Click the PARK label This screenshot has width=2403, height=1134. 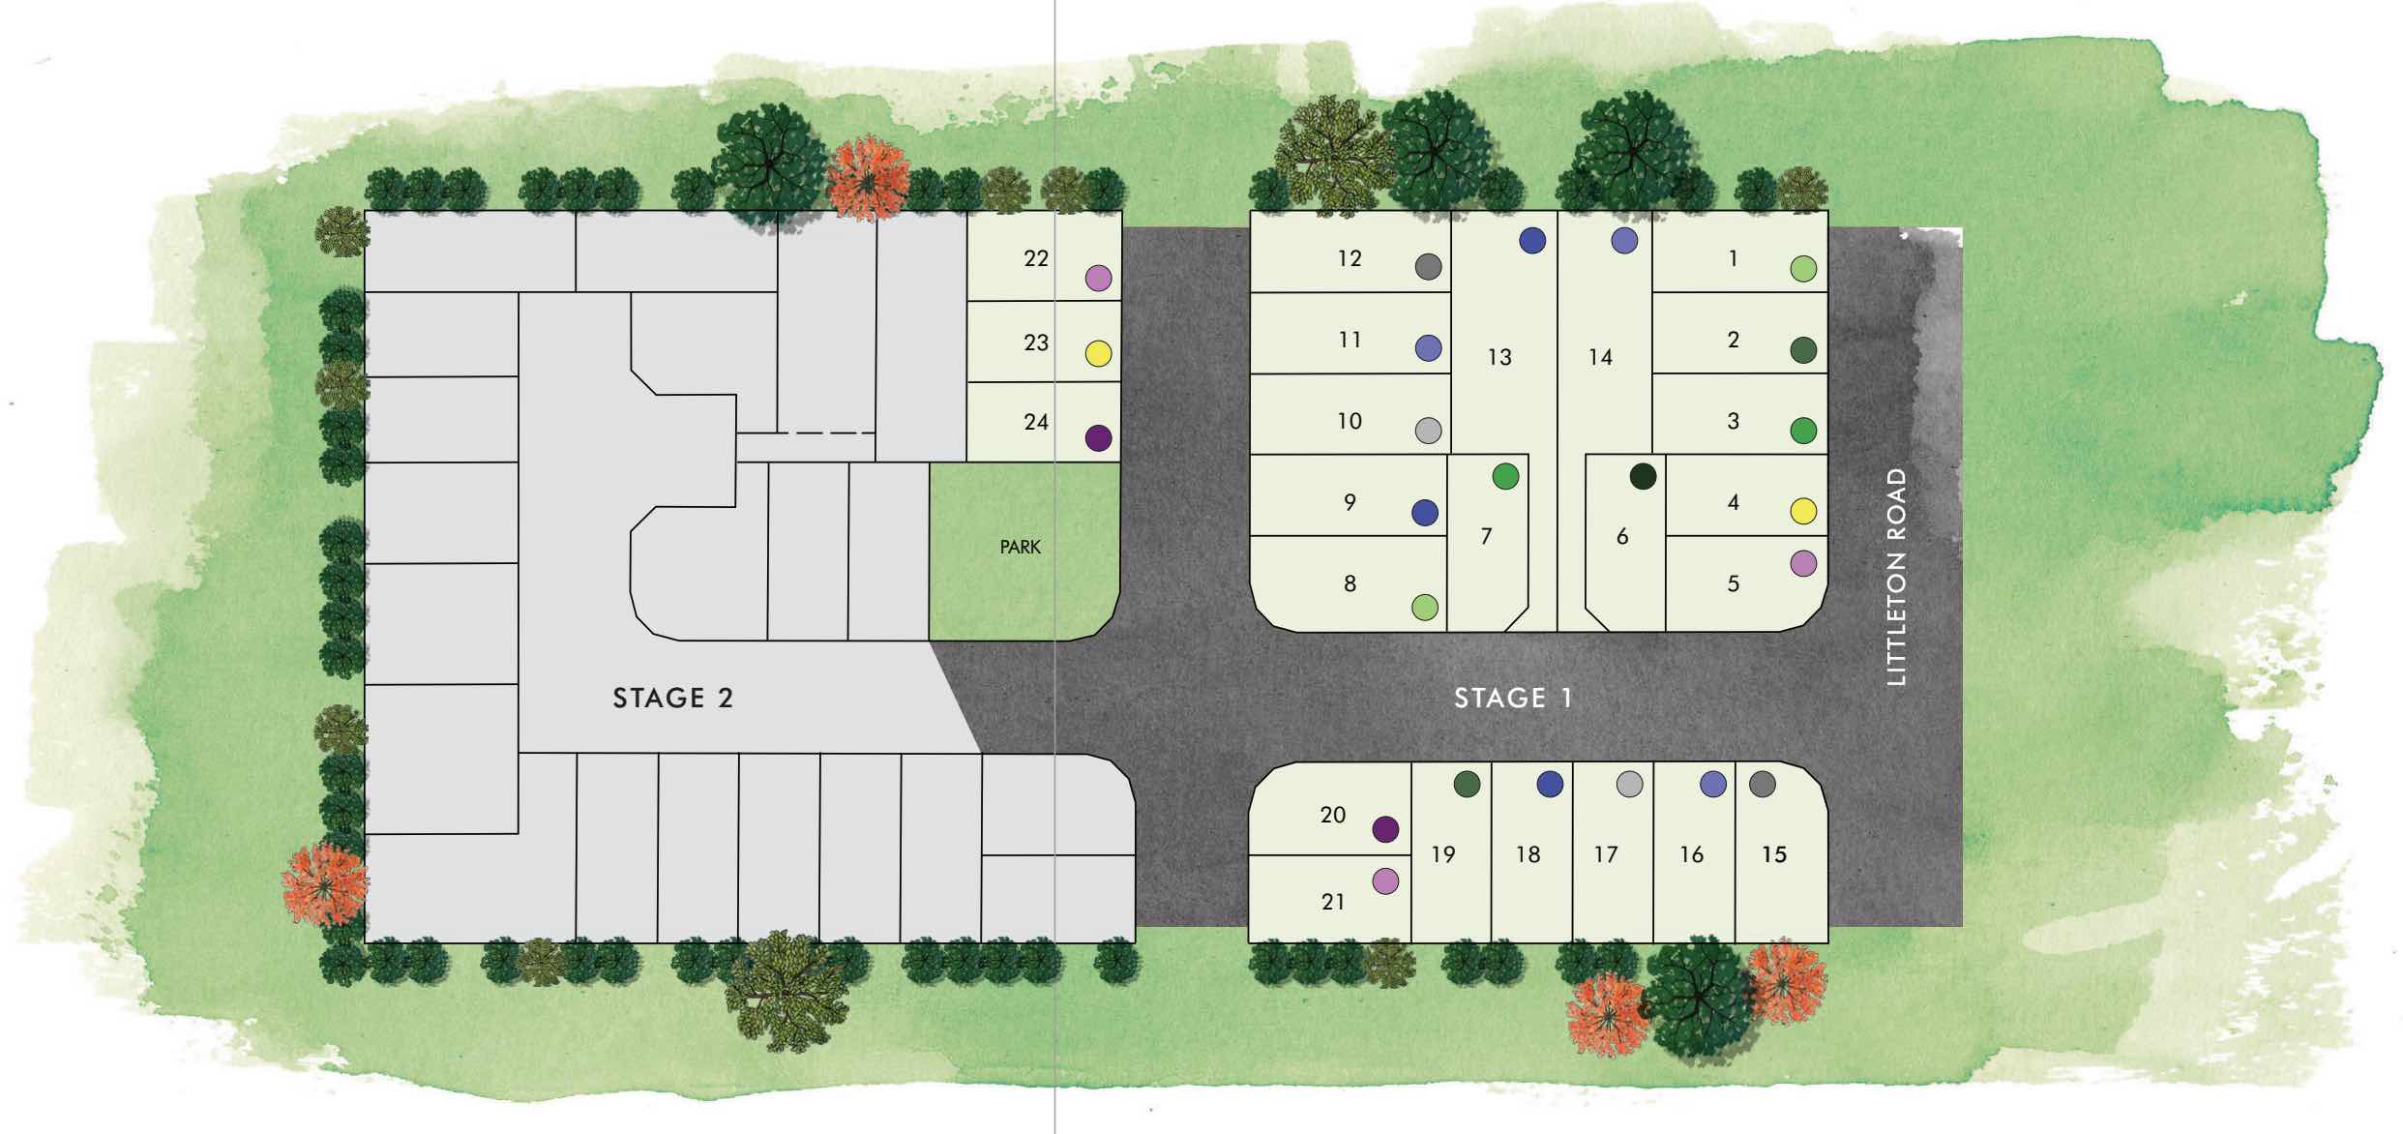point(1021,548)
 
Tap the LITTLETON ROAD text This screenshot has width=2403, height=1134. point(1897,578)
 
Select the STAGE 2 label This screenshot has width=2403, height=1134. point(673,698)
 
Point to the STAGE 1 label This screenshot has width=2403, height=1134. point(1514,698)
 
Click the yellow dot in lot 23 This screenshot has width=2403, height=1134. point(1098,354)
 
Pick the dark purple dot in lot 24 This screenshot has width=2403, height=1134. point(1098,438)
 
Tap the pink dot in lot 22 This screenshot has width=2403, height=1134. point(1098,279)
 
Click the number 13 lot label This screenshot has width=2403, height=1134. point(1499,358)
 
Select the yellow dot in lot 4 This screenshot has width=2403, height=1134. point(1803,511)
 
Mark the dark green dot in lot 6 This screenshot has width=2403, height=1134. point(1644,476)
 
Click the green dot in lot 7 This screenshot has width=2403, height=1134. point(1506,476)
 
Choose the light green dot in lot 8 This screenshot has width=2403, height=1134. point(1425,608)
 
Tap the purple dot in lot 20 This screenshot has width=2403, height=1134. point(1386,829)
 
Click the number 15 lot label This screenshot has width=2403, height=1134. point(1774,855)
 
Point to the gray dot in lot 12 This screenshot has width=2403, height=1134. point(1429,267)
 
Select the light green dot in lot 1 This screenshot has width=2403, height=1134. point(1803,269)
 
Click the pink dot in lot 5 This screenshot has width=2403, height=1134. point(1803,563)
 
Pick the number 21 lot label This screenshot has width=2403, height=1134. point(1333,902)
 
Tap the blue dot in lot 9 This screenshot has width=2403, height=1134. point(1425,513)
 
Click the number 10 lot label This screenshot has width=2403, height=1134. point(1350,422)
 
